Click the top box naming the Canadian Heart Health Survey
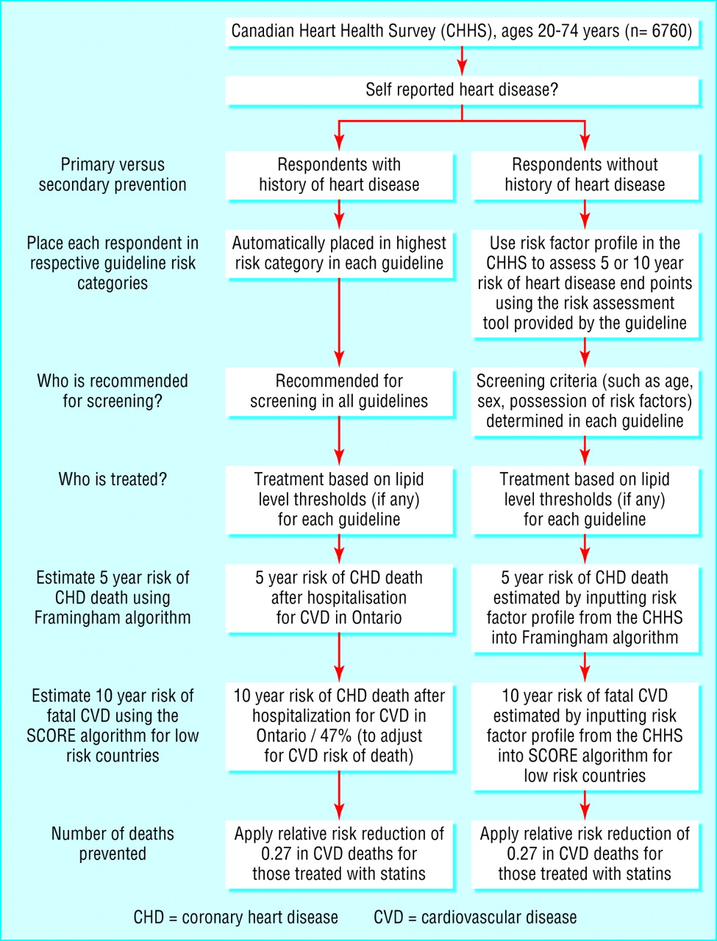(x=462, y=32)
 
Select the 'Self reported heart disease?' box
(x=462, y=90)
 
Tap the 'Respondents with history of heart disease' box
(x=339, y=175)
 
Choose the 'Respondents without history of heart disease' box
(x=585, y=175)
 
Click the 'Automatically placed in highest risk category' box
(x=339, y=254)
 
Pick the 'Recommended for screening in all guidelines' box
(x=339, y=391)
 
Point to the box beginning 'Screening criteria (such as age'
(x=585, y=401)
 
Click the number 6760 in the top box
(x=671, y=32)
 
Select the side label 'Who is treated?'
(x=113, y=479)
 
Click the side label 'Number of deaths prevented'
(x=113, y=844)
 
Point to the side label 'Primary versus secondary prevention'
(x=113, y=175)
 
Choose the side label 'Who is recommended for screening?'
(x=113, y=391)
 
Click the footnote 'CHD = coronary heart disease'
(x=236, y=917)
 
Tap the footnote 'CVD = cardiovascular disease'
(x=475, y=917)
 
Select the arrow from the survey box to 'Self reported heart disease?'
(x=462, y=61)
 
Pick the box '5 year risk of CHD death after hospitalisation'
(x=339, y=598)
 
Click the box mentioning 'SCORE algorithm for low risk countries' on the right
(x=585, y=735)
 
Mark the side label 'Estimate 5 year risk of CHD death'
(x=113, y=598)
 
